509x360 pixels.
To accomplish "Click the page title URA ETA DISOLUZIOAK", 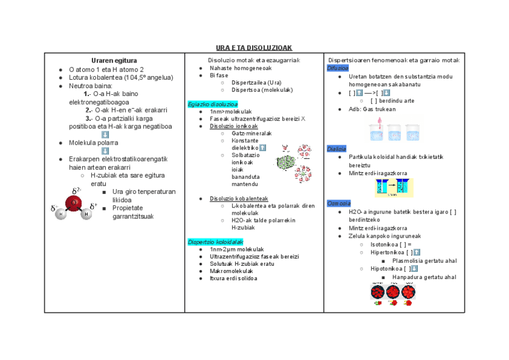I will coord(254,47).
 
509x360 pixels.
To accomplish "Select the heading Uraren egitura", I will coord(114,61).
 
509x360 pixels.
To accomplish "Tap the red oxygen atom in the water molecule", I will coord(74,203).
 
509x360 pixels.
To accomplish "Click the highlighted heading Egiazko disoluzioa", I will coord(212,104).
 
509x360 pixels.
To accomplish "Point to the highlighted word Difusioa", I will coord(338,68).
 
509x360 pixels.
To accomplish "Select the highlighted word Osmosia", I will coord(338,203).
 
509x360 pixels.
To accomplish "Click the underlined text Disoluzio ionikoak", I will coord(233,126).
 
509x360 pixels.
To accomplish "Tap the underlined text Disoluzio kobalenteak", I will coord(239,199).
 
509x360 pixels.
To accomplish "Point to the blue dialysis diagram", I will coord(394,188).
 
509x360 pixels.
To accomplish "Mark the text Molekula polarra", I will coord(94,143).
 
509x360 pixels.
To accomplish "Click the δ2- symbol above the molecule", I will coord(77,191).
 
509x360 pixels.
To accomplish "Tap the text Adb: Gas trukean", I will coord(372,109).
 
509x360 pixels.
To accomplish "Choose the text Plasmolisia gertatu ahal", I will coord(424,260).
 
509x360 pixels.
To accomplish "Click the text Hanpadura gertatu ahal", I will coord(424,277).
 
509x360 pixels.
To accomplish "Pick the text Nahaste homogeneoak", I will coord(240,68).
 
